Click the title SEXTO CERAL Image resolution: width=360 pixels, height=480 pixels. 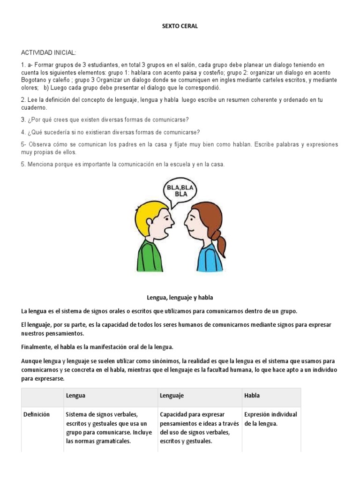tap(180, 26)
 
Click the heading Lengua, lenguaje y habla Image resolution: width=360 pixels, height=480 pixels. tap(180, 298)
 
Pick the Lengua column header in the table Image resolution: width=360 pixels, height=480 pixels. tap(75, 396)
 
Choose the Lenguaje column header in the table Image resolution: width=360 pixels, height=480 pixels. tap(172, 396)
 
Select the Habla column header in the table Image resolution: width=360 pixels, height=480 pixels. tap(252, 396)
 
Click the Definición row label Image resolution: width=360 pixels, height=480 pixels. tap(37, 414)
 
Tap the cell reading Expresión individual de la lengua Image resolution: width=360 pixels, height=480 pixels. tap(270, 419)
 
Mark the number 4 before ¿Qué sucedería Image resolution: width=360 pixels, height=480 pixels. tap(23, 132)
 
